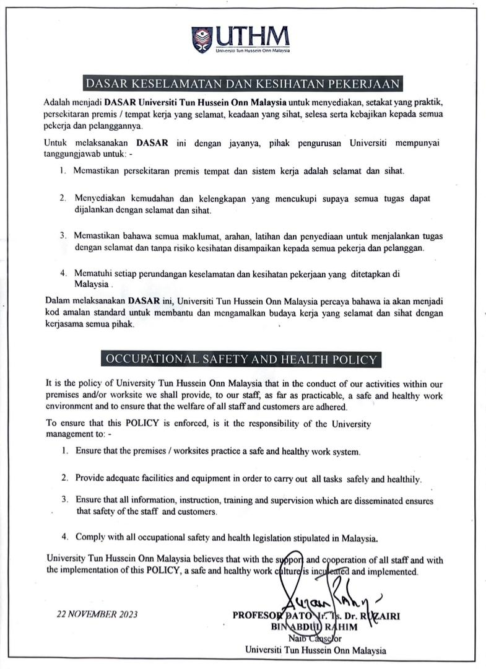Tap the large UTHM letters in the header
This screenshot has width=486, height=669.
252,35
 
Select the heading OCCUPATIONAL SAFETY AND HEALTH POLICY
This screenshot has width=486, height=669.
241,359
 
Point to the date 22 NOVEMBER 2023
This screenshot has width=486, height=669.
97,614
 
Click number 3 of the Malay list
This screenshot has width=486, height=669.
63,236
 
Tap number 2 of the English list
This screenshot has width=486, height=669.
64,478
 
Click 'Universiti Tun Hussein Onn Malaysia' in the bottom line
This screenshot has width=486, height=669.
316,650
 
